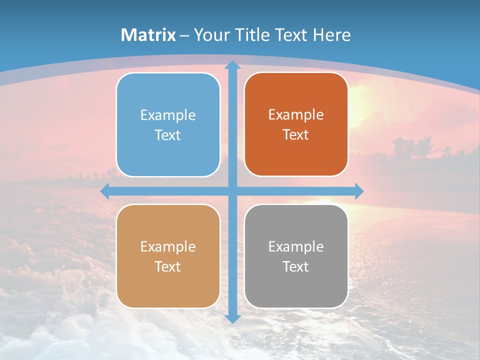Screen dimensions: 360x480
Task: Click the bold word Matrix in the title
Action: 148,35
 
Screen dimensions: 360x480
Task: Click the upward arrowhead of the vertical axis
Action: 232,65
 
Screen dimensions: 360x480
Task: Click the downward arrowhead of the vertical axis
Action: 232,318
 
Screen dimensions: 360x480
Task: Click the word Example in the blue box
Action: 168,115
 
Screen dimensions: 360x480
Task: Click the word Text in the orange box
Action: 296,135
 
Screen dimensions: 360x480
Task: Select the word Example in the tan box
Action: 168,246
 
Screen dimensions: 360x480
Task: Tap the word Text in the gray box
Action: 296,266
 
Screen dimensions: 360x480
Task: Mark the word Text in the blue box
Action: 168,135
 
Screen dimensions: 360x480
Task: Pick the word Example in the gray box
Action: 296,246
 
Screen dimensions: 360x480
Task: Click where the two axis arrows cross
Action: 232,191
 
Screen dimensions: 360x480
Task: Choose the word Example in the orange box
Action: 296,115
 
